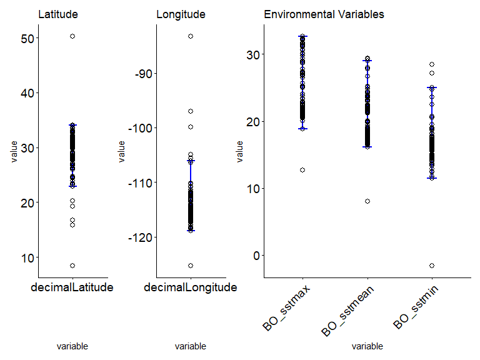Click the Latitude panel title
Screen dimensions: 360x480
coord(58,14)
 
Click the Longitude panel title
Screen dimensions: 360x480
coord(181,14)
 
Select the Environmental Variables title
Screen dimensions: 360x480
coord(324,14)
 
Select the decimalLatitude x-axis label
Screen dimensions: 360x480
coord(72,287)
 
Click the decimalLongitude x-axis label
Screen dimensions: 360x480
coord(190,287)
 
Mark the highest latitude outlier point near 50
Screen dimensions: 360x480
coord(72,37)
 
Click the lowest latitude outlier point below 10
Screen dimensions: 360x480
coord(72,266)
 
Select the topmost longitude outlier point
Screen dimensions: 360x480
coord(191,36)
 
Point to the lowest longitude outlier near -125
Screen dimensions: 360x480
coord(191,266)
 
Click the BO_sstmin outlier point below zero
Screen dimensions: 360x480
coord(432,266)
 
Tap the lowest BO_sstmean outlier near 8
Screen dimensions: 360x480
coord(367,201)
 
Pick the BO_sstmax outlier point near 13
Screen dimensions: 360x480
coord(302,170)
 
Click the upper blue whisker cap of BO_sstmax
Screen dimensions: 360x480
coord(302,36)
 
